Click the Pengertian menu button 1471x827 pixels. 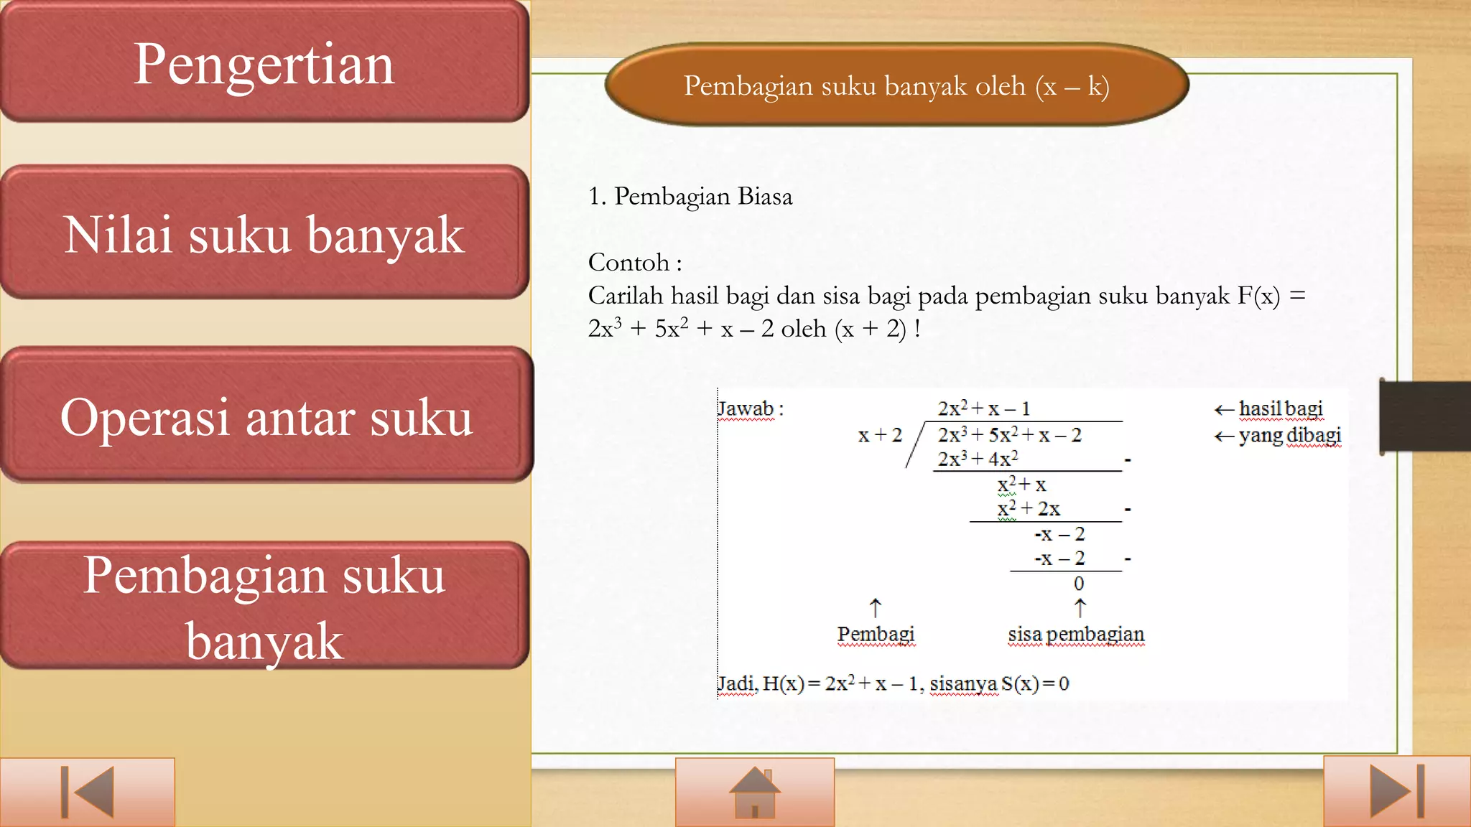tap(264, 63)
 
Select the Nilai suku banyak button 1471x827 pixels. tap(264, 233)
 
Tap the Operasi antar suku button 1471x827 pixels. tap(266, 416)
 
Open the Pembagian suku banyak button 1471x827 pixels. tap(264, 607)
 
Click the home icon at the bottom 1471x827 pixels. tap(754, 792)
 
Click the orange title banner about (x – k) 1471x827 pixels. tap(896, 85)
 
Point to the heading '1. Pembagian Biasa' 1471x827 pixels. tap(690, 196)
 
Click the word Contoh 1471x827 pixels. tap(629, 263)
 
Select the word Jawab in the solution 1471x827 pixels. tap(746, 409)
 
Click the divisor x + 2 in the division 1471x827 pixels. tap(879, 435)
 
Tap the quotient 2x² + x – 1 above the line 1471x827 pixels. tap(983, 408)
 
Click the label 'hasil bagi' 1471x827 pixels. tap(1280, 408)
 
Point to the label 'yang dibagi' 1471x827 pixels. tap(1289, 435)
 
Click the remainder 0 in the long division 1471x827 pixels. tap(1078, 584)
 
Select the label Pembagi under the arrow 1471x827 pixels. tap(876, 635)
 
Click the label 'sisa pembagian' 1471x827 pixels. tap(1075, 635)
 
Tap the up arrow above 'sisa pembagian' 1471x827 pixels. tap(1080, 608)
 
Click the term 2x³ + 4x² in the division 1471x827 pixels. tap(977, 459)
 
